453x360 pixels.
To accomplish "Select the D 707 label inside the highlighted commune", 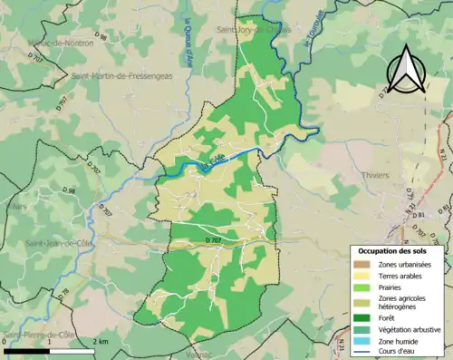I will (214, 239).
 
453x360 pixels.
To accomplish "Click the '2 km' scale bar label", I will (101, 341).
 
